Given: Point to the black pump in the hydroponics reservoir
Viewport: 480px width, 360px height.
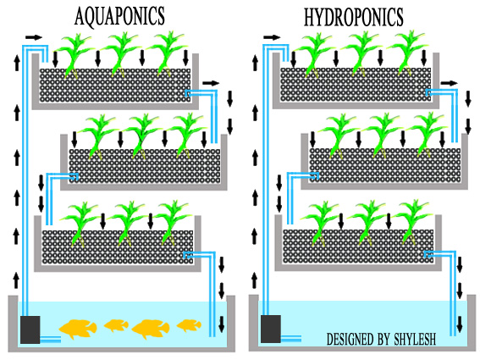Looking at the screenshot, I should tap(272, 329).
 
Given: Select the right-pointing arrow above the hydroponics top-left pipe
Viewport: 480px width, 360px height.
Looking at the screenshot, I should tap(273, 37).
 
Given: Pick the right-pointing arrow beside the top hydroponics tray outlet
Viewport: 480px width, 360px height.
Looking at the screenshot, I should tap(449, 83).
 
